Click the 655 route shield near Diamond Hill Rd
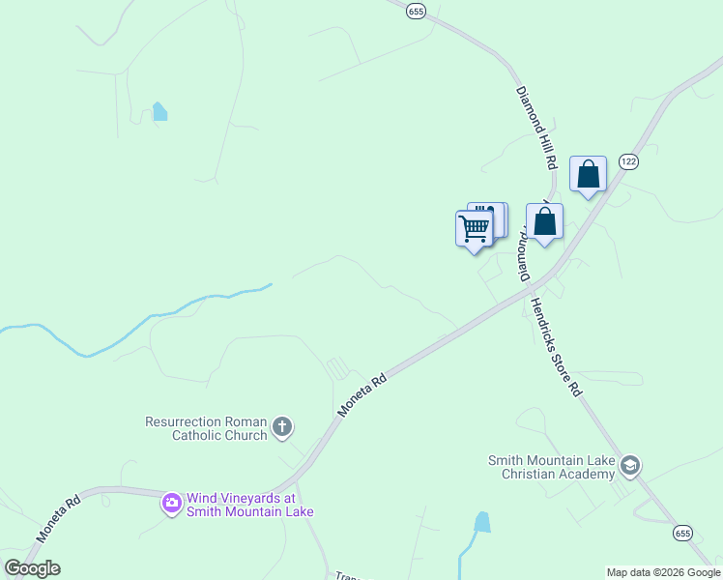(416, 11)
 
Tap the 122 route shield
(629, 161)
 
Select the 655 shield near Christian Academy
(683, 534)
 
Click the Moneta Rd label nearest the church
(362, 395)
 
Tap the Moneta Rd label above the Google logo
(59, 520)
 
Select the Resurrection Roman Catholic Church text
(206, 428)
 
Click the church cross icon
(283, 426)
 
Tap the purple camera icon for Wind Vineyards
(172, 503)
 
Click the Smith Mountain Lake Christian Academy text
(551, 468)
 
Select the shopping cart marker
(474, 229)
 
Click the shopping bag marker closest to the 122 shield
(588, 175)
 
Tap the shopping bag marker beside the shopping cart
(545, 221)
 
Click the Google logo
(32, 568)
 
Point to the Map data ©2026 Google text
(663, 572)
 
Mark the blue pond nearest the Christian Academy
(481, 523)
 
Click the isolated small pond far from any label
(159, 111)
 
